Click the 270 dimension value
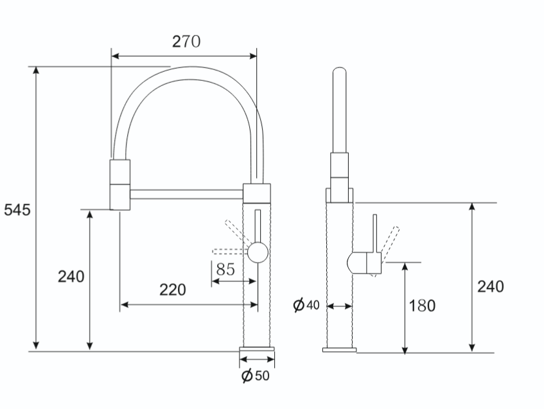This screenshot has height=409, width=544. coord(186,42)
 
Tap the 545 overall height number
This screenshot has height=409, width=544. coord(17,210)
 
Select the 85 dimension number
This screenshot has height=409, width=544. coord(225,269)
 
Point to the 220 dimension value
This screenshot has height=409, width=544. coord(173,290)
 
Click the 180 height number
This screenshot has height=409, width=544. coord(422,306)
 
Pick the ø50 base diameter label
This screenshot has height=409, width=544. coord(256,376)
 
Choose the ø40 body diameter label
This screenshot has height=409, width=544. coord(306,305)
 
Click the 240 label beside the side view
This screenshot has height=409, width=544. coord(491,286)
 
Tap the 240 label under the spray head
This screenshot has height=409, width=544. coord(71,277)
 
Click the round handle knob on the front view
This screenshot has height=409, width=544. coord(258,252)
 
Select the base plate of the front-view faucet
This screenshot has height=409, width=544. coord(257,349)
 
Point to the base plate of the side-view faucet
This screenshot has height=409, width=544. coord(339,350)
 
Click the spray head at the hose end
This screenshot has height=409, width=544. coord(120,184)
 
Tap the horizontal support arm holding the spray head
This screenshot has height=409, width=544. coord(187,195)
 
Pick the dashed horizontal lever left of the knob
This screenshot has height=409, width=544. coord(231,252)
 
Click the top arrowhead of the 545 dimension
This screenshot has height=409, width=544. coord(36,70)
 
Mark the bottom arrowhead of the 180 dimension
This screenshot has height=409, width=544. coord(405,350)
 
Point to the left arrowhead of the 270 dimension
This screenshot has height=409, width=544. coord(116,57)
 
